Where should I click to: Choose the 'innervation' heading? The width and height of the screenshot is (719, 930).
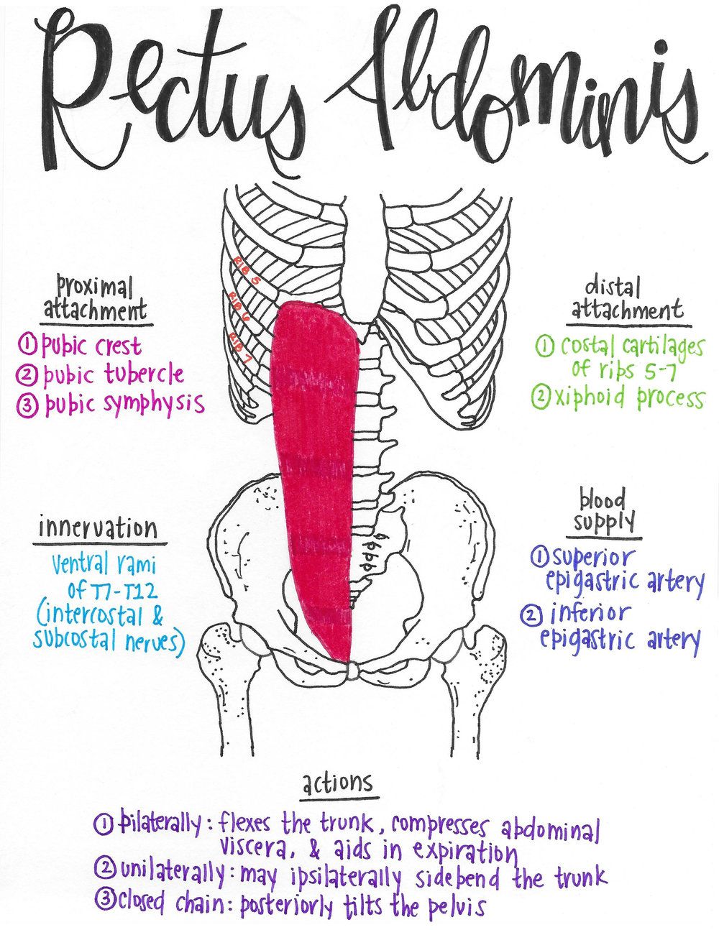point(98,528)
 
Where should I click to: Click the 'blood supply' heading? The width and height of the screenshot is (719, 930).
point(600,510)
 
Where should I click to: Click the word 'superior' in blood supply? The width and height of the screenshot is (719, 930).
point(594,556)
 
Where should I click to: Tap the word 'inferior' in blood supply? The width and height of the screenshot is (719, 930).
point(590,613)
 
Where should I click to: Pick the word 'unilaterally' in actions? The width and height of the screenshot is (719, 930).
point(173,873)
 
